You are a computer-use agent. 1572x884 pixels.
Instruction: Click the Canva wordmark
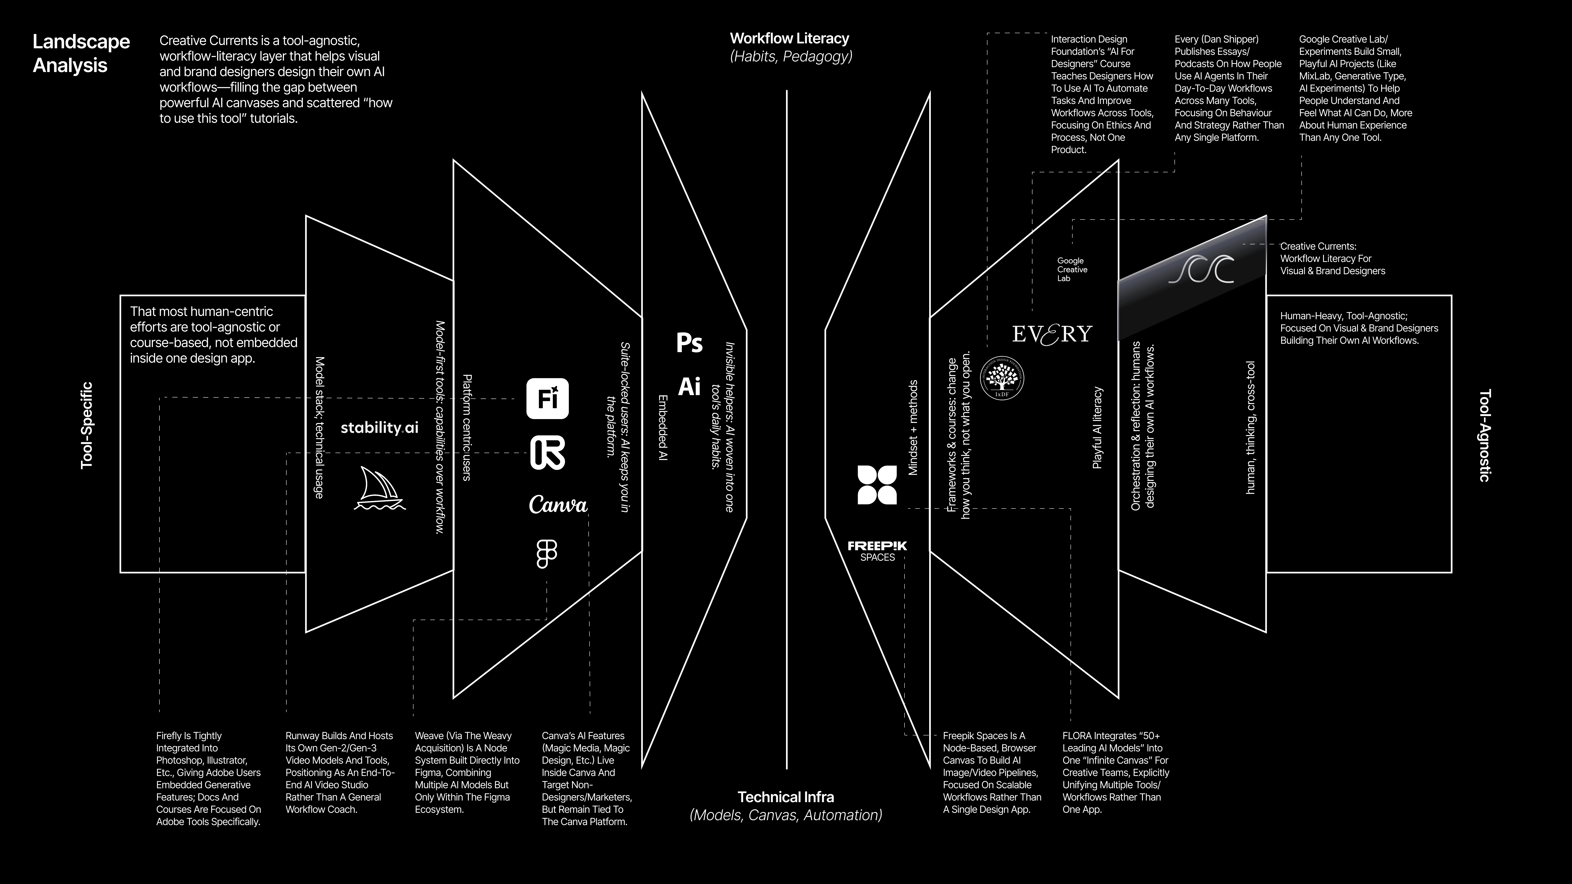[558, 505]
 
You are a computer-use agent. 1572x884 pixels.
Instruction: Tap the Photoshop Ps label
[690, 343]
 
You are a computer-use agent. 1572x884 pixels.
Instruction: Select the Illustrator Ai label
[690, 386]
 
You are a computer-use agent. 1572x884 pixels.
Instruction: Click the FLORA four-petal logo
[877, 485]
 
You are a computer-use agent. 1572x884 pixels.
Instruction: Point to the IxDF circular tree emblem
[1002, 378]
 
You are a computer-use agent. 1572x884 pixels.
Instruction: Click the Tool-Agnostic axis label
[1485, 436]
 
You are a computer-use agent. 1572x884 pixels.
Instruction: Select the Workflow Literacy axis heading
[790, 38]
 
